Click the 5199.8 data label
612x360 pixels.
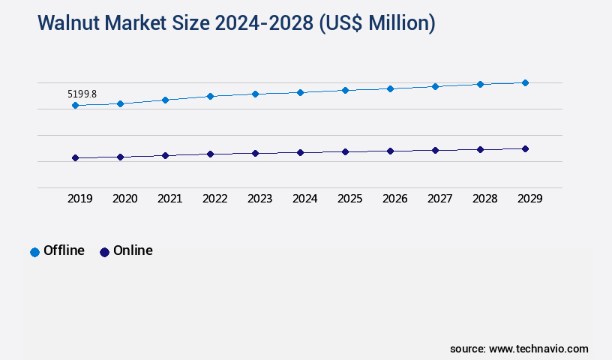pyautogui.click(x=82, y=94)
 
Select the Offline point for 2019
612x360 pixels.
pyautogui.click(x=75, y=106)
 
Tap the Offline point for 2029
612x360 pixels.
pyautogui.click(x=525, y=82)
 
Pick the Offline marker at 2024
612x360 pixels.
pyautogui.click(x=300, y=92)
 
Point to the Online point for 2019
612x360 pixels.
pyautogui.click(x=75, y=158)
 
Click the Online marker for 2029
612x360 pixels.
pyautogui.click(x=525, y=148)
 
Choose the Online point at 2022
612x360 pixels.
pyautogui.click(x=210, y=154)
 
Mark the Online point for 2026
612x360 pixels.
pyautogui.click(x=390, y=151)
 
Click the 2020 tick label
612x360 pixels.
pyautogui.click(x=125, y=199)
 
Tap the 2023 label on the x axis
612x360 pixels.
pyautogui.click(x=260, y=199)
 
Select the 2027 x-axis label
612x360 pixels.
pyautogui.click(x=440, y=199)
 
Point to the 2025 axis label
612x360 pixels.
pyautogui.click(x=350, y=199)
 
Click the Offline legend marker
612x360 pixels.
pyautogui.click(x=34, y=252)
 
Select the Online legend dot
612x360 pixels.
pyautogui.click(x=104, y=252)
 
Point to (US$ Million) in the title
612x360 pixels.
pyautogui.click(x=376, y=23)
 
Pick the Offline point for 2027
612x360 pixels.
pyautogui.click(x=435, y=86)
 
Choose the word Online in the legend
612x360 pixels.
pyautogui.click(x=133, y=250)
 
